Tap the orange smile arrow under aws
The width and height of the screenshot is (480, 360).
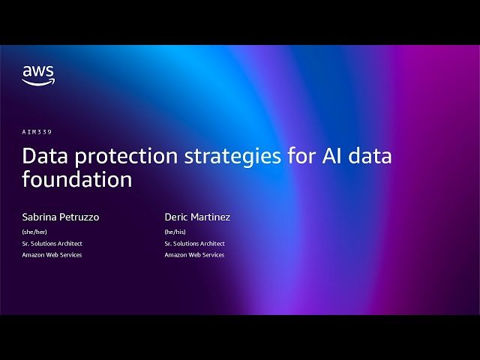coord(38,82)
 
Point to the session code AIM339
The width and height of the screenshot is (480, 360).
coord(37,132)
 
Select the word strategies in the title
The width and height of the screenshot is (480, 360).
coord(224,157)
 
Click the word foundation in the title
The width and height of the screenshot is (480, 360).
coord(77,180)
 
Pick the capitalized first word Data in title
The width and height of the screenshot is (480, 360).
coord(41,156)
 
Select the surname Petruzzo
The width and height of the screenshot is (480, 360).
coord(79,217)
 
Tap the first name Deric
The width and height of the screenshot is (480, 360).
coord(177,217)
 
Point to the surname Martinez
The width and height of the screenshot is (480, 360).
coord(211,217)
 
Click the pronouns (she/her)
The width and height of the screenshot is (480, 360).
coord(34,232)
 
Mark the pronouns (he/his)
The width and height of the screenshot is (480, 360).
coord(175,232)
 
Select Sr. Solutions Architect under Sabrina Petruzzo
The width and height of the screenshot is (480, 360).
coord(52,244)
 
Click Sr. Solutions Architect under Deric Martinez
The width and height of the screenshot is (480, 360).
coord(195,244)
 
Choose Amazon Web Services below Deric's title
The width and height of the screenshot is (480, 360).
coord(195,255)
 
